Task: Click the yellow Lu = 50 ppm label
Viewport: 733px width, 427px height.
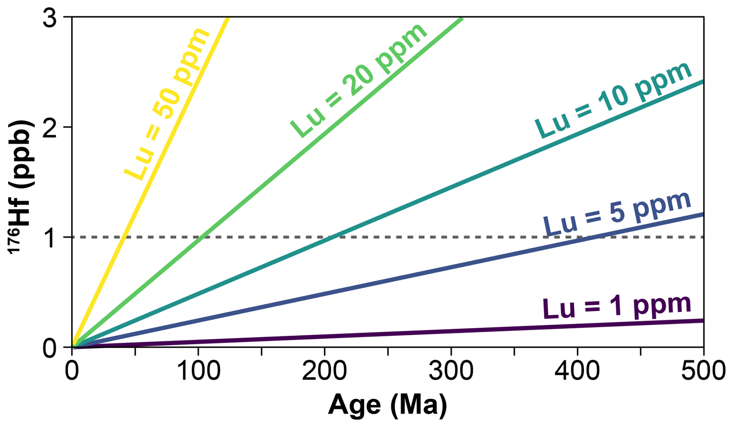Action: pos(167,104)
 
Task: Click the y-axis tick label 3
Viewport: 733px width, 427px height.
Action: pos(50,18)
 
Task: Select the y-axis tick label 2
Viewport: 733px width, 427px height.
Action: pos(50,128)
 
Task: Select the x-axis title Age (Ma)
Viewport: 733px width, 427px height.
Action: pos(387,405)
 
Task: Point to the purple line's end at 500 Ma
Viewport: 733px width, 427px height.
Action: pos(703,321)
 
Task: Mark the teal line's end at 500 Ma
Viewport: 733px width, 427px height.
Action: pos(703,82)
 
